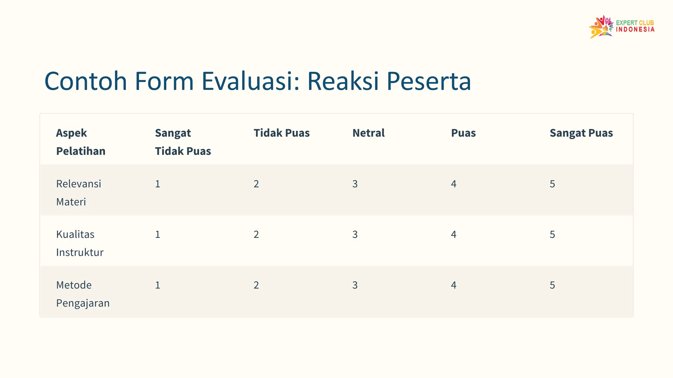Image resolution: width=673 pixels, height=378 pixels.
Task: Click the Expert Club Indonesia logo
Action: [621, 27]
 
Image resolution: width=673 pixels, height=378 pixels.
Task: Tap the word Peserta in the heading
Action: [429, 81]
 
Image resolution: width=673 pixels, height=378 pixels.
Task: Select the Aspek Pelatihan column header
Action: [81, 142]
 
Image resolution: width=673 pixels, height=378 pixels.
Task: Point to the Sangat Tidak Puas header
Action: [183, 142]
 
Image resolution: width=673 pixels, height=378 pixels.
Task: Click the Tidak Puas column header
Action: [282, 133]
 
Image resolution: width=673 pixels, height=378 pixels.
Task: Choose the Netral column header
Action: [368, 133]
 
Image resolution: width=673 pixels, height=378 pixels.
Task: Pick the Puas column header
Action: [463, 133]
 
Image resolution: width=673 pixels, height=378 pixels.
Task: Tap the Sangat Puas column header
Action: [581, 133]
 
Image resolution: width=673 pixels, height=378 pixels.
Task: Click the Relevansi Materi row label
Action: [79, 193]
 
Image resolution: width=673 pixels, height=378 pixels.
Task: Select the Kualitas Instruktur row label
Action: [80, 243]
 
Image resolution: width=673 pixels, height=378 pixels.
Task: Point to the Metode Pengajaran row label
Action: [82, 294]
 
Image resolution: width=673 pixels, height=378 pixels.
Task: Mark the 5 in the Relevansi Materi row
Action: [552, 184]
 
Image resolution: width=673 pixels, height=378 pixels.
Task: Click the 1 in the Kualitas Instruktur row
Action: [158, 234]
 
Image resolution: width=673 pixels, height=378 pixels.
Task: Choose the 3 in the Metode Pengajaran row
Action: [355, 285]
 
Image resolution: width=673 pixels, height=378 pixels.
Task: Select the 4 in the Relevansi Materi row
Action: [453, 184]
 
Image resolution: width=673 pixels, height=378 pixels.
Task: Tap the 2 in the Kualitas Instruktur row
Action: [256, 234]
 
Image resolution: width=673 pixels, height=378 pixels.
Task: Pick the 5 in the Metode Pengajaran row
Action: [552, 285]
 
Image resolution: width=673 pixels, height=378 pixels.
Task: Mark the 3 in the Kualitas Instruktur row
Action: [355, 234]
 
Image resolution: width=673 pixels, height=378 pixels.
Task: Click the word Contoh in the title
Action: [86, 81]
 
